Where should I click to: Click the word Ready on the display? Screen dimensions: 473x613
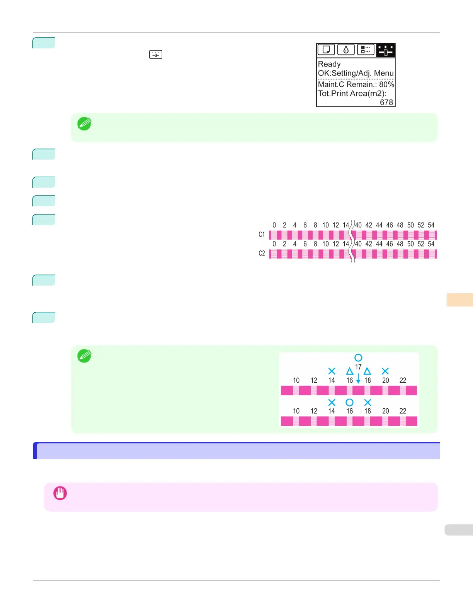(x=329, y=64)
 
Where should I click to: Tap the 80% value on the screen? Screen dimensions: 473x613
(x=386, y=84)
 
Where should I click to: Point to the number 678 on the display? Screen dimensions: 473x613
(x=386, y=103)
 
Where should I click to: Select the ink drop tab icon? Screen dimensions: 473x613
(x=346, y=50)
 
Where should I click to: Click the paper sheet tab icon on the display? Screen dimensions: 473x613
(x=326, y=50)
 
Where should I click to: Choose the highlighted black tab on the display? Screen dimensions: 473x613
(x=385, y=50)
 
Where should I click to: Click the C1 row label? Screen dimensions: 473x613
(x=262, y=235)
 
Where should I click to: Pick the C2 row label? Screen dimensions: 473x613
(x=262, y=253)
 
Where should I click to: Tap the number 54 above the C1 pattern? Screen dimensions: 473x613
(x=431, y=225)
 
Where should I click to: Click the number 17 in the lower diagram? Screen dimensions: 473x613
(x=358, y=367)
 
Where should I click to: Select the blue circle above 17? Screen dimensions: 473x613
(x=358, y=358)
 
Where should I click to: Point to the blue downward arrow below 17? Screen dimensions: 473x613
(x=358, y=378)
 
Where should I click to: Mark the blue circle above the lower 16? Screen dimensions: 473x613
(x=349, y=402)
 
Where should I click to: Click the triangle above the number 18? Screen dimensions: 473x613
(x=367, y=371)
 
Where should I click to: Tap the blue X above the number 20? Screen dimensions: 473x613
(x=385, y=371)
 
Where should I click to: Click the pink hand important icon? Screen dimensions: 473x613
(x=60, y=493)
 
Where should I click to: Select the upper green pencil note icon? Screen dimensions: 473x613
(x=84, y=124)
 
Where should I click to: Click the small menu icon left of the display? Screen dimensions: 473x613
(x=156, y=55)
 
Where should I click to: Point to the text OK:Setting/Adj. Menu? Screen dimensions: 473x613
(x=356, y=73)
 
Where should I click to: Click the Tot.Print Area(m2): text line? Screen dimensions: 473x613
(x=352, y=93)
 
